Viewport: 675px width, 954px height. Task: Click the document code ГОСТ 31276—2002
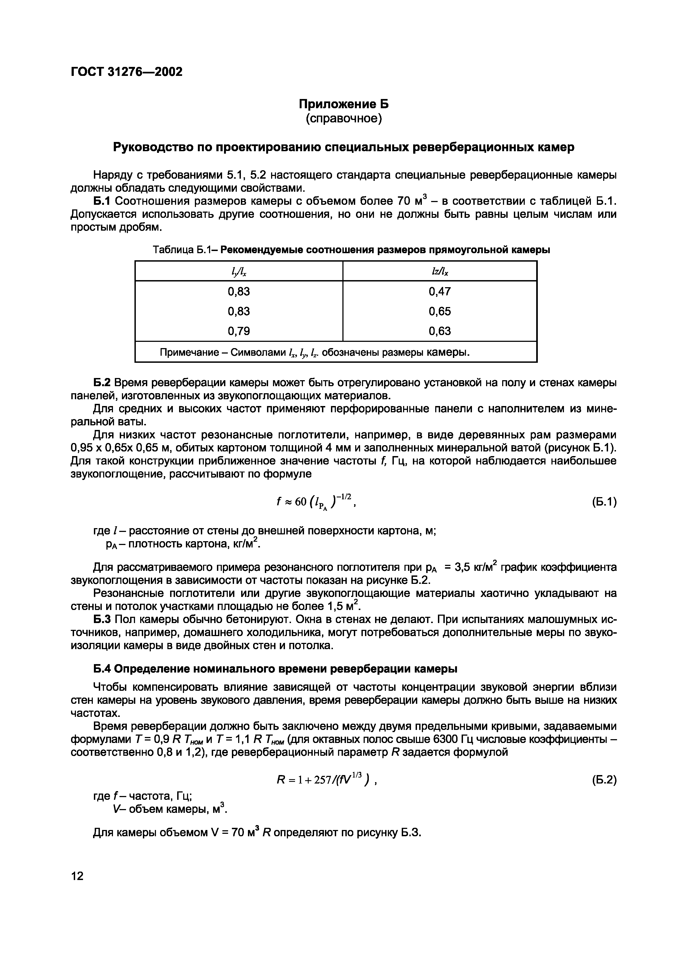[127, 72]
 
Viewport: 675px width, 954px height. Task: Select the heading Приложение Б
[343, 104]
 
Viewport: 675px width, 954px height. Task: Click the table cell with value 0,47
[440, 291]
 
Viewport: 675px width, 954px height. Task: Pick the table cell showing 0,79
[239, 331]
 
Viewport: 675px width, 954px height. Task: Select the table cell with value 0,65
[440, 311]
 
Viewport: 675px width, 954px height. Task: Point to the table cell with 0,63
[440, 331]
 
